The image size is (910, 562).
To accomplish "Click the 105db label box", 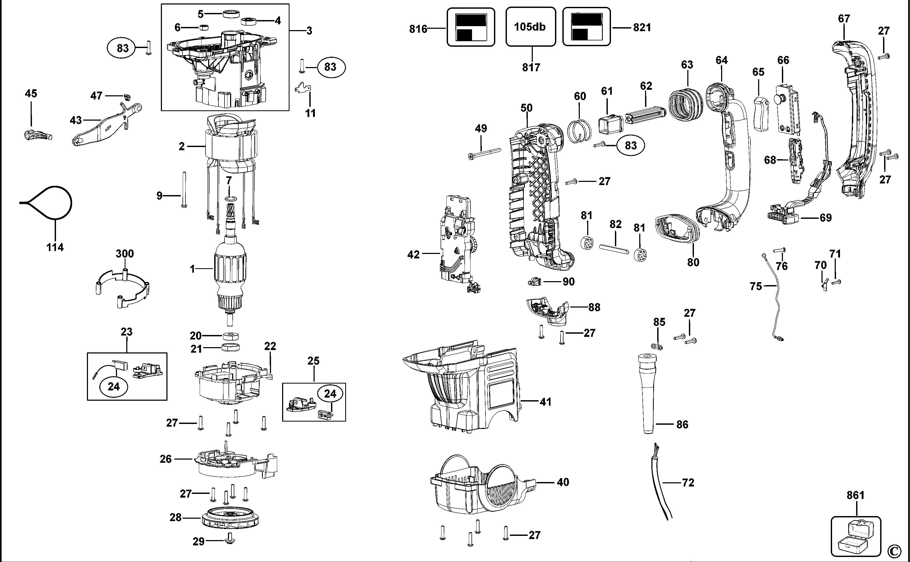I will (x=530, y=27).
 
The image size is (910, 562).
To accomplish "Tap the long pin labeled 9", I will (x=184, y=189).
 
